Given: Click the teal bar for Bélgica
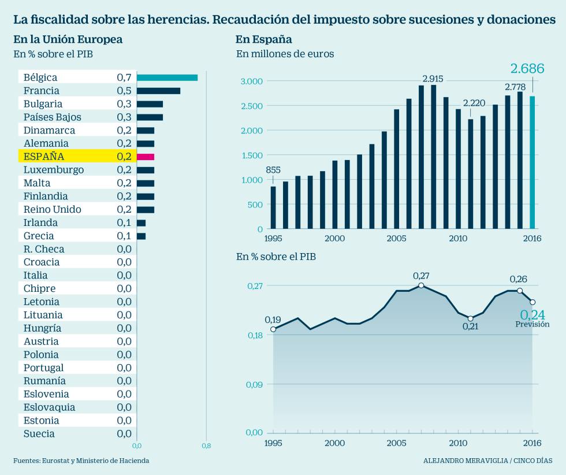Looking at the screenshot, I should tap(167, 77).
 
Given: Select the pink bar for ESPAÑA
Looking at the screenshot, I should tap(146, 157).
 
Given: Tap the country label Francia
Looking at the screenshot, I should tap(42, 91).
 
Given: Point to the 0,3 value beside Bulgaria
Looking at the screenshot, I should tap(124, 104).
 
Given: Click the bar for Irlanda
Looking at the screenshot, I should tap(141, 223).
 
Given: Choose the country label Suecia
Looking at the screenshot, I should tap(39, 434).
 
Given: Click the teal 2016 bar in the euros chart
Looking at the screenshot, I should tap(533, 162).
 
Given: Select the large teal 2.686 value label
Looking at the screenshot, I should tap(527, 69).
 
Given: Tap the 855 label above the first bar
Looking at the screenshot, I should tap(273, 170).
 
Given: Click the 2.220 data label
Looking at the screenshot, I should tap(474, 103).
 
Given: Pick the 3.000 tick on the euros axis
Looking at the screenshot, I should tap(251, 81).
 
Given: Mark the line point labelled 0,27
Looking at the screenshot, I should tap(421, 285).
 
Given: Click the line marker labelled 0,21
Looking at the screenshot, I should tap(470, 318).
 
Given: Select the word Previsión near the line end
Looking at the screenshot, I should tap(532, 325).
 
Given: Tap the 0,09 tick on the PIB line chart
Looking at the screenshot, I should tap(255, 384).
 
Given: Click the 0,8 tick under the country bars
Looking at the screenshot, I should tap(206, 446).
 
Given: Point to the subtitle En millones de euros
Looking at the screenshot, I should tap(285, 54).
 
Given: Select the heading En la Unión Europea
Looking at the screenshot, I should tap(68, 39).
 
